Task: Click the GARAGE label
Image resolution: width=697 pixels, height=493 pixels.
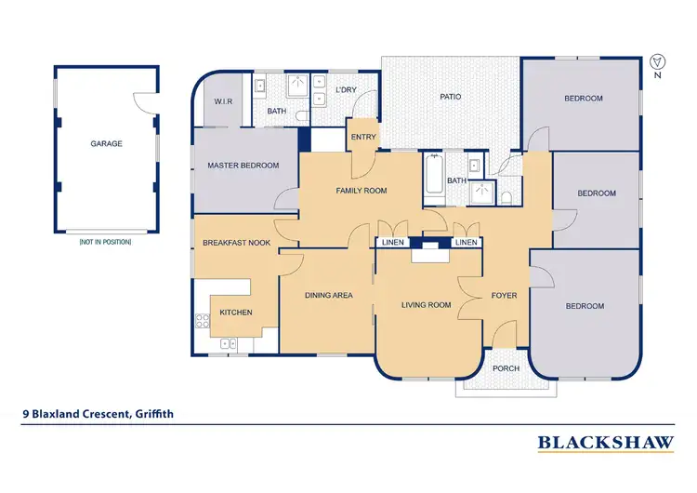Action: (106, 144)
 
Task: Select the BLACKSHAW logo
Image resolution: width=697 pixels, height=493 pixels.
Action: (605, 443)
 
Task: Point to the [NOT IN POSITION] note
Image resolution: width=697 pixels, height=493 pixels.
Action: (106, 242)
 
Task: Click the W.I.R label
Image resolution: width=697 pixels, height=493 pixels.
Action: (223, 101)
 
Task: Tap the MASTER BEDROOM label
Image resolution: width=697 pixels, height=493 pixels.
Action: (243, 166)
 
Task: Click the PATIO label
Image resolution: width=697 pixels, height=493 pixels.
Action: (451, 97)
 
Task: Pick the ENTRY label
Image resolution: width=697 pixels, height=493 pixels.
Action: (362, 139)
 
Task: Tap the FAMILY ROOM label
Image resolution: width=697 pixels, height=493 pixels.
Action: (361, 191)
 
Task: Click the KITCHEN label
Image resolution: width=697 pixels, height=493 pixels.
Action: (236, 313)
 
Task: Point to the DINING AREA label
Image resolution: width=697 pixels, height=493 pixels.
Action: (329, 296)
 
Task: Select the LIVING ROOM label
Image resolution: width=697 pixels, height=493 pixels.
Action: (426, 305)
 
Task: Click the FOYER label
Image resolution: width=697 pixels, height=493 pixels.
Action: (505, 296)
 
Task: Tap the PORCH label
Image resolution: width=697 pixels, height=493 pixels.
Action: (506, 368)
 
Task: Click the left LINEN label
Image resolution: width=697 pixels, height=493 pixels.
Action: (392, 243)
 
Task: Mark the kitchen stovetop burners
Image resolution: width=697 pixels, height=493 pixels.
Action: (202, 322)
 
